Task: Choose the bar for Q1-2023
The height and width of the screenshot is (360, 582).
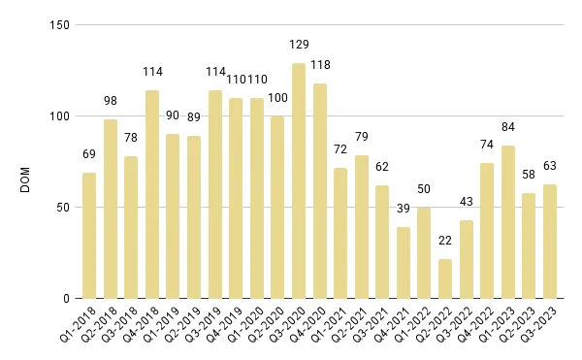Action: [x=507, y=222]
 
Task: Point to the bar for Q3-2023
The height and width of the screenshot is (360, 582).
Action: [x=550, y=242]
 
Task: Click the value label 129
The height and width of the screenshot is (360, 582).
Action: [x=299, y=45]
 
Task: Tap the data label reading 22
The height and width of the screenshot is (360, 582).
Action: [x=445, y=241]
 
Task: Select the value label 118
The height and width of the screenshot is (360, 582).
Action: [x=320, y=65]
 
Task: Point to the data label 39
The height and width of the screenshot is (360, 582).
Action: [x=404, y=209]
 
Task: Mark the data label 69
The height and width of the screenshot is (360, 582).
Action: [x=89, y=154]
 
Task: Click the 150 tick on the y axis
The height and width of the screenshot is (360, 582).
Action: [x=60, y=24]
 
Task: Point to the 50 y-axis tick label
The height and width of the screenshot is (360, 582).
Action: [x=63, y=208]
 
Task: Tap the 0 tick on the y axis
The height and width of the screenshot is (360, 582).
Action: [x=66, y=299]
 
